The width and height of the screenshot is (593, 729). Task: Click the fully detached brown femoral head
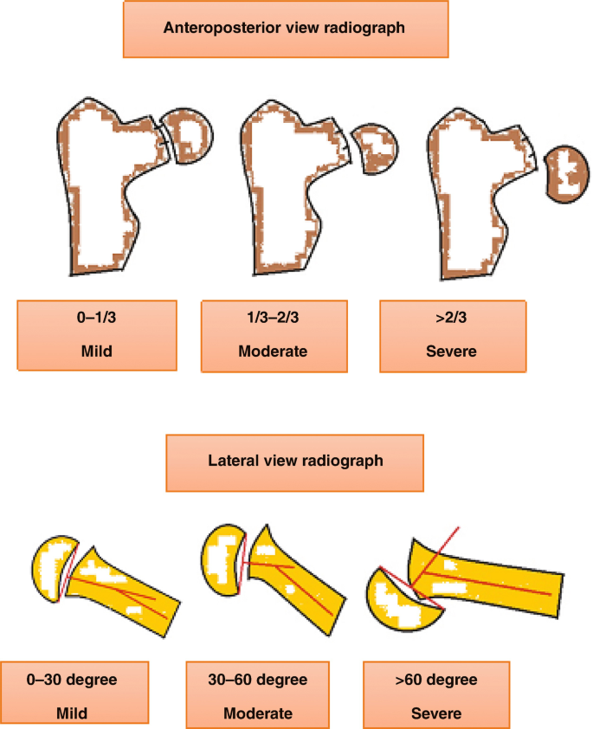click(x=567, y=174)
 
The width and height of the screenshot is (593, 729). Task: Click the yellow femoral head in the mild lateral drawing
click(x=52, y=568)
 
